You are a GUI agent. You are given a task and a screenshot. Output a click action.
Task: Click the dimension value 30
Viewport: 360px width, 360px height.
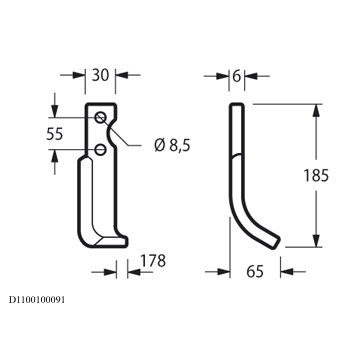pos(100,75)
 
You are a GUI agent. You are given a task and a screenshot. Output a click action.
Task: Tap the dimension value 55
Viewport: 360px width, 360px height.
pos(54,134)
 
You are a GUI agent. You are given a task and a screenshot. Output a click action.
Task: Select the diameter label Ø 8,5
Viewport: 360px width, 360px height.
pos(172,145)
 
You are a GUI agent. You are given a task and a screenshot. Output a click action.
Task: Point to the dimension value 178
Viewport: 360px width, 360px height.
pos(153,261)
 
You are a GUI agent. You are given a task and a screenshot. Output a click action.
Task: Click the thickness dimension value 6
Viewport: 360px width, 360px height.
pos(236,76)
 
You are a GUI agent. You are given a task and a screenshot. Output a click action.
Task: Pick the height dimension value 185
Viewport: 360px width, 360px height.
pos(316,176)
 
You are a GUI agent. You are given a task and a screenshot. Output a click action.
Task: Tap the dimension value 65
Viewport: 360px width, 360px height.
pos(255,272)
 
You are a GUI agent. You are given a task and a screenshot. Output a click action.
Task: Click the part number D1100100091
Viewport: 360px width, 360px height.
pos(37,300)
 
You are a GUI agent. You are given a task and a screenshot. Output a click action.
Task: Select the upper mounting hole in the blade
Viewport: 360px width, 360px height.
pos(100,117)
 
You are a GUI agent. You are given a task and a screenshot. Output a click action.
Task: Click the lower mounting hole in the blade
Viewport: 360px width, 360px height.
pos(100,149)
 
